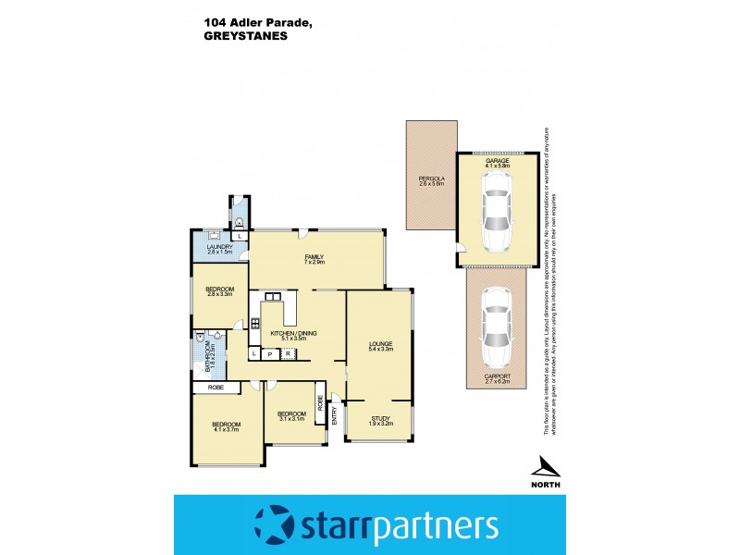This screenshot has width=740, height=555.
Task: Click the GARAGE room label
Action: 498,161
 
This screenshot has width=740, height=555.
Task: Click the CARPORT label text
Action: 497,376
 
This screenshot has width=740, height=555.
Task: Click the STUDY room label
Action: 380,419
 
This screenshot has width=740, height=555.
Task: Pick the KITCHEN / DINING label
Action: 288,333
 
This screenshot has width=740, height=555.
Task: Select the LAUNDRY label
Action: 219,247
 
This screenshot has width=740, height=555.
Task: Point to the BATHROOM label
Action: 206,358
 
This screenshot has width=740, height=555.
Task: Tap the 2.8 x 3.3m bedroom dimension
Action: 219,295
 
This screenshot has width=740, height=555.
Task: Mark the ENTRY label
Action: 335,417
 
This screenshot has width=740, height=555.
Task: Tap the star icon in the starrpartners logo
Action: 273,524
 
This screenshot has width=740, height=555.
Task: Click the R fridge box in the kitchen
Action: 288,353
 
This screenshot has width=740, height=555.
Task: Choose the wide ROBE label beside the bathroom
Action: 216,387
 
